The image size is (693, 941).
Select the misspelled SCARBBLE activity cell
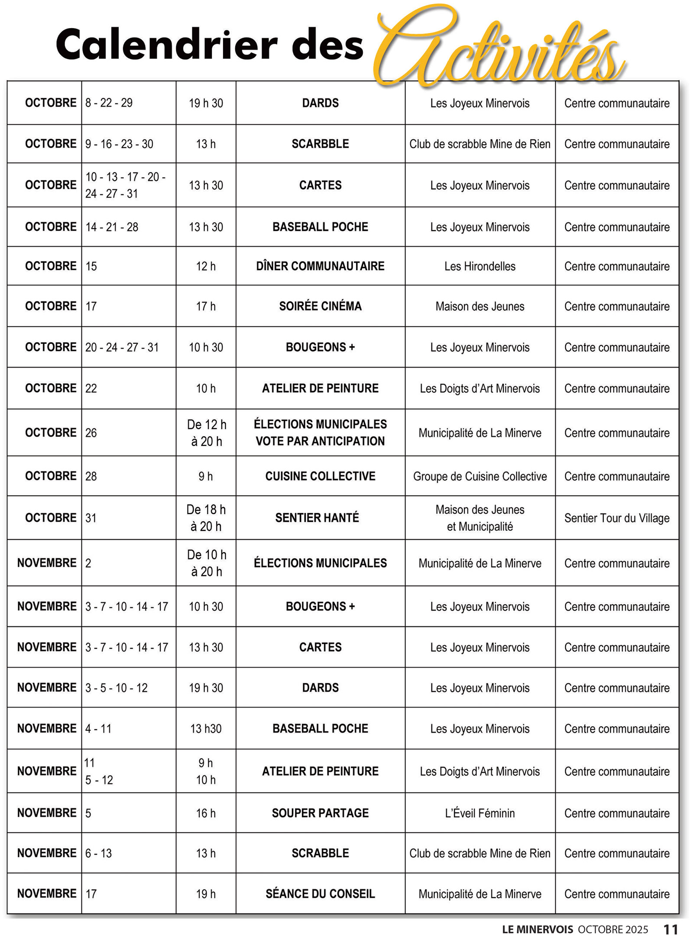[320, 144]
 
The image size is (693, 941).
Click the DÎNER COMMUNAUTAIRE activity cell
[320, 266]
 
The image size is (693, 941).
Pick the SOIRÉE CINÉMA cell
[320, 306]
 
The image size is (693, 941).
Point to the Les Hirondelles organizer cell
[480, 266]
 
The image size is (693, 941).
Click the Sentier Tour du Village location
[617, 518]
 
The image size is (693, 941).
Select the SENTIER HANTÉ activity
[317, 517]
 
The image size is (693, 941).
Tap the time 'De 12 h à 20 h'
[206, 433]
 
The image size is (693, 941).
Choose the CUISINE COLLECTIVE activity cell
[320, 476]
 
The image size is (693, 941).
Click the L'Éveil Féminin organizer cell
[480, 813]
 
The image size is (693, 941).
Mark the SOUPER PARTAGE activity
[320, 813]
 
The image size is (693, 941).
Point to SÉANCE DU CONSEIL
[320, 894]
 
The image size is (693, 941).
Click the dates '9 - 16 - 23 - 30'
[119, 144]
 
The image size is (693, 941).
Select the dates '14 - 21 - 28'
[112, 227]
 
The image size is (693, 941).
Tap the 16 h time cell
[206, 813]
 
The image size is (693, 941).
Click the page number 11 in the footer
[670, 929]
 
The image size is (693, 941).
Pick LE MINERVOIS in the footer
[538, 929]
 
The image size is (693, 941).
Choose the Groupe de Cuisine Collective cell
[480, 476]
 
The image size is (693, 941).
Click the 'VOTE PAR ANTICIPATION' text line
[320, 441]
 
